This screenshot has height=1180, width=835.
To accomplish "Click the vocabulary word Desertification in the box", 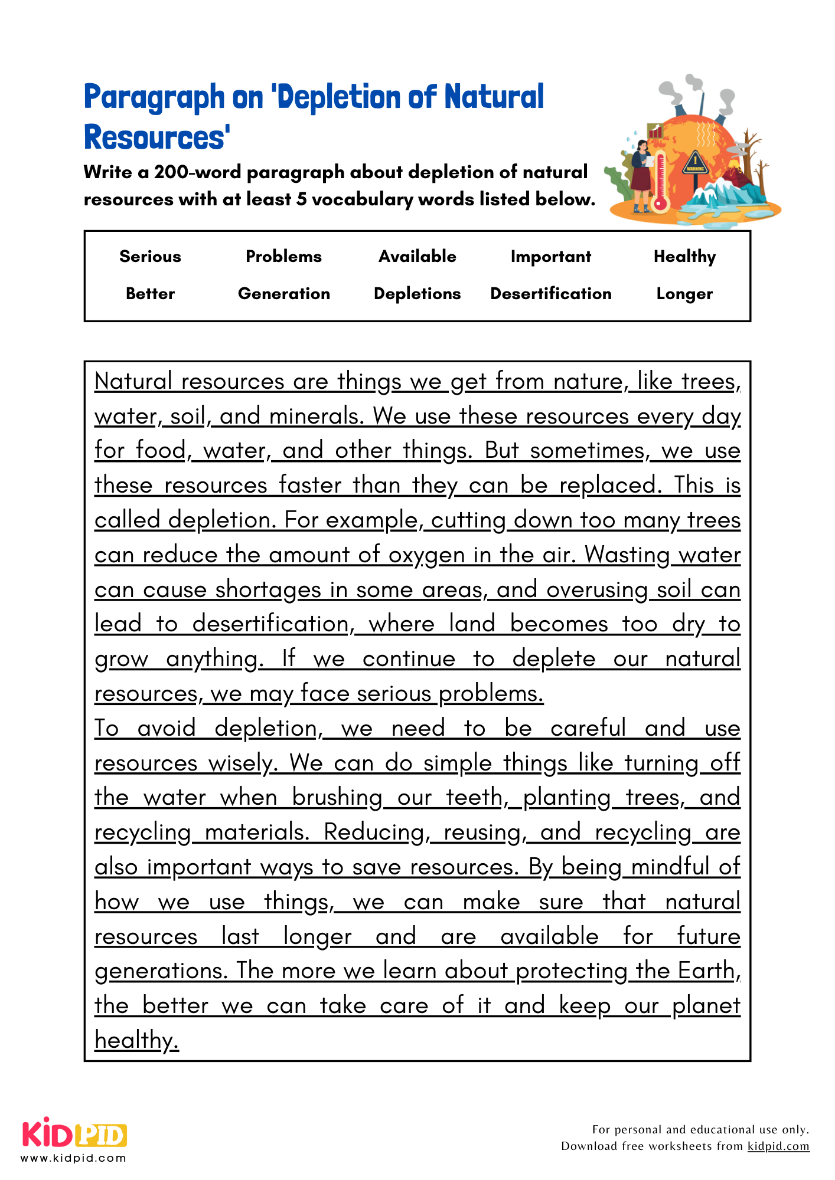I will click(x=550, y=293).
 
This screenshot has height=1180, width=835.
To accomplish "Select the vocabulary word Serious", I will click(x=150, y=256).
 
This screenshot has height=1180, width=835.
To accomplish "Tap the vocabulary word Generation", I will click(x=283, y=293).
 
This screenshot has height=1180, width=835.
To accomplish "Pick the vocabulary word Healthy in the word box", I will click(x=684, y=256).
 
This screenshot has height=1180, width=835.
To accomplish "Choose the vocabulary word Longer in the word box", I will click(x=684, y=293).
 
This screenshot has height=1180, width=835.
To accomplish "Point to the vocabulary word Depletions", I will click(x=417, y=293).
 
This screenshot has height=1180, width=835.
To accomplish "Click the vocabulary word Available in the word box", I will click(x=417, y=256).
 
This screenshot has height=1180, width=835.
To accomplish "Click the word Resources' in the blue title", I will click(x=156, y=137).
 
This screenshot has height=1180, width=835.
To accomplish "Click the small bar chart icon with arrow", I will click(x=655, y=131).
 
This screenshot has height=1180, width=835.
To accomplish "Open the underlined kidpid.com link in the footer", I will click(x=778, y=1146).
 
